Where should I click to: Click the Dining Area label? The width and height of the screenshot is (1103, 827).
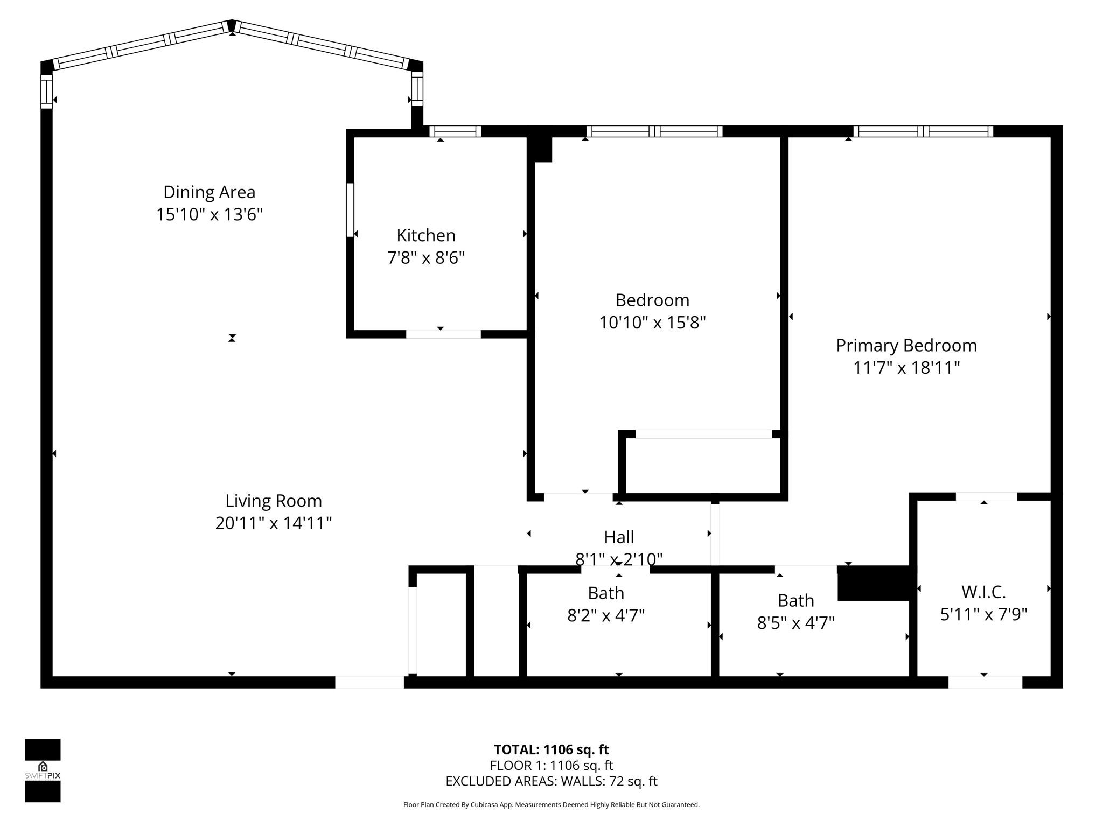pos(209,192)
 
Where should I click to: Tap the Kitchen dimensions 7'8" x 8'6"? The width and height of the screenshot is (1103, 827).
pos(425,258)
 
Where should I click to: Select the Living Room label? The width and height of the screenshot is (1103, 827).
pos(274,501)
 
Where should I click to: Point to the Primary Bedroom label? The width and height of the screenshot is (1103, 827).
pos(906,345)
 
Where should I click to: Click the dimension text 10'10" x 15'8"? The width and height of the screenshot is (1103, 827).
pos(652,323)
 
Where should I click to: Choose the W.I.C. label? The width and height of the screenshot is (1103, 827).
pos(983,592)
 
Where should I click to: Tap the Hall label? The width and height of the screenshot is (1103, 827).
pos(619,537)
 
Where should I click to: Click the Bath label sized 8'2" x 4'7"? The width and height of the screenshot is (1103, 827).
pos(606,593)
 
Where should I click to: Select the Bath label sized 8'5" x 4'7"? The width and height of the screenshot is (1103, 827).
pos(795,600)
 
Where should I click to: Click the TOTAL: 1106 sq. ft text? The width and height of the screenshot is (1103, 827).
pos(551,749)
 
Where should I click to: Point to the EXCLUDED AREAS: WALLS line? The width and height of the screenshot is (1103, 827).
pos(551,781)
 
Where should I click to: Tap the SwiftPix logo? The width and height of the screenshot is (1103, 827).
pos(43,770)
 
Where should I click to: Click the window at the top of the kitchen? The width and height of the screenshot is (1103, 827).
pos(455,131)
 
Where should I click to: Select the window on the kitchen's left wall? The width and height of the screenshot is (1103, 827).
pos(350,210)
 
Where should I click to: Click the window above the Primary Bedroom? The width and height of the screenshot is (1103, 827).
pos(923,131)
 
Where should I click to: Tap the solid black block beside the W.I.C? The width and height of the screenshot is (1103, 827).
pos(873,583)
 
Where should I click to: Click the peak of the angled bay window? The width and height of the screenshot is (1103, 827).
pos(232,25)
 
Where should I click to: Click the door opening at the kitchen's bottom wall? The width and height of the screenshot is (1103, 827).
pos(443,334)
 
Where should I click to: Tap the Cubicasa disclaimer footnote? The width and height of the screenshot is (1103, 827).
pos(551,805)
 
